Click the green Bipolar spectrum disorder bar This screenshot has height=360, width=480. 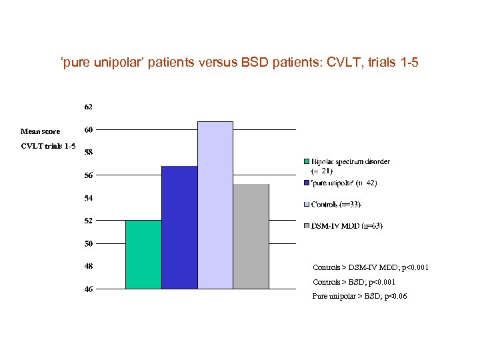pos(143,254)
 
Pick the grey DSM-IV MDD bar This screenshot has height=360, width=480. pos(251,236)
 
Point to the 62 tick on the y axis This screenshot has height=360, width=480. pos(88,107)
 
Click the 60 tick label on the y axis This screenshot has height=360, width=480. pos(88,129)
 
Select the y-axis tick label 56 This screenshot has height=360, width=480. pos(88,175)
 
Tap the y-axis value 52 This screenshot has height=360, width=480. pos(88,221)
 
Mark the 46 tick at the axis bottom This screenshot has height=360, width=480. pos(88,289)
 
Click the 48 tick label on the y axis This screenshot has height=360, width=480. pos(88,266)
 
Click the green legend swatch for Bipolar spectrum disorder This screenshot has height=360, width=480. pos(307,161)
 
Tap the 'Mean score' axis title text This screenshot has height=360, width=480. pos(40,131)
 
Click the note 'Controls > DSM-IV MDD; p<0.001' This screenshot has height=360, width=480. pos(371,267)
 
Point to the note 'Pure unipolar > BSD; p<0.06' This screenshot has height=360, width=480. pos(359,296)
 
